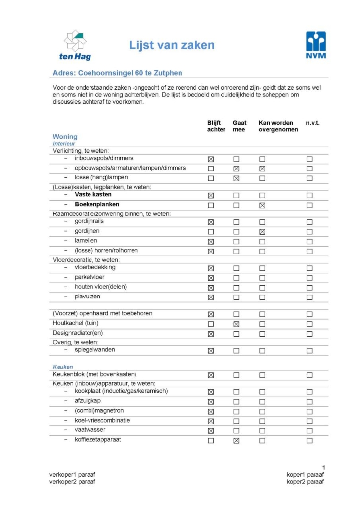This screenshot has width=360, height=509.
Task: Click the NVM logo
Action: click(316, 44)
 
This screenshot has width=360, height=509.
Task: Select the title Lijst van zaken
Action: click(172, 46)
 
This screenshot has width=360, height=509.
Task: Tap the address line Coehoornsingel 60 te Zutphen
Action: click(117, 73)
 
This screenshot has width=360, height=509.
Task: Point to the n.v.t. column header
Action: click(313, 123)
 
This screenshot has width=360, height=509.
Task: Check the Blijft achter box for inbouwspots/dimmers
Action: click(211, 159)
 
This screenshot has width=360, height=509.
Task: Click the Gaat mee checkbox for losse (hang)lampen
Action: click(236, 178)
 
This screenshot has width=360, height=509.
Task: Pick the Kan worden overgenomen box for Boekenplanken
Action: click(262, 205)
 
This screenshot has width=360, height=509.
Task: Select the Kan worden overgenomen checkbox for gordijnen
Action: click(262, 232)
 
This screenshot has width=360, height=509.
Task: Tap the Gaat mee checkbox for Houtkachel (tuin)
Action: click(236, 324)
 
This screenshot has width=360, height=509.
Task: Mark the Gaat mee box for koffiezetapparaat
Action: click(236, 441)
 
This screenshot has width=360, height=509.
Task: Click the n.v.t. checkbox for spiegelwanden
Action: click(309, 351)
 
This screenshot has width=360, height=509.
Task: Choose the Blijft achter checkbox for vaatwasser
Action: click(211, 431)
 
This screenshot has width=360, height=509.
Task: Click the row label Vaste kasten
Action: click(93, 195)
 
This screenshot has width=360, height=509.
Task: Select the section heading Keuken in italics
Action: click(63, 367)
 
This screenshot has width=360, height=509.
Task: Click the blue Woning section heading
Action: click(65, 137)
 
